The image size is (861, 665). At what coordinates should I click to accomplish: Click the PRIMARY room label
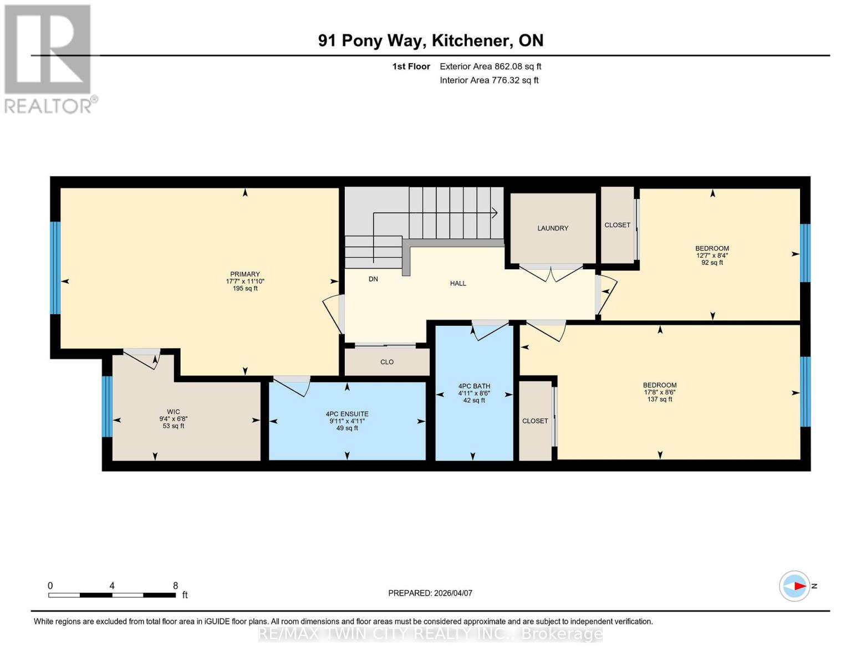point(245,274)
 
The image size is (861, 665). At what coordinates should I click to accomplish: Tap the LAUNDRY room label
point(553,228)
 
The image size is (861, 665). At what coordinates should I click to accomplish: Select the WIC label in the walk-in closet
point(174,412)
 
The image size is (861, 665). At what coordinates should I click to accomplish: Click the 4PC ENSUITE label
point(347,414)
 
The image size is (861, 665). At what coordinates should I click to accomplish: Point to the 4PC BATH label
point(474,386)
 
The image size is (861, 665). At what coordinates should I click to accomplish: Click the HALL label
point(458,283)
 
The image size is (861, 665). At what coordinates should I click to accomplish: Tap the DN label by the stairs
point(373,279)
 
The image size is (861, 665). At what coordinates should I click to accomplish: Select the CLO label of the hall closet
point(387,362)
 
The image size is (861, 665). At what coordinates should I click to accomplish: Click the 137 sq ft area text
point(660,399)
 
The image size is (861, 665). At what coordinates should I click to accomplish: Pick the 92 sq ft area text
point(712,263)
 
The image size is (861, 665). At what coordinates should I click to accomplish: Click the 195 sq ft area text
point(245,289)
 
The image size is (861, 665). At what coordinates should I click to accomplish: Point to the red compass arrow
point(798,586)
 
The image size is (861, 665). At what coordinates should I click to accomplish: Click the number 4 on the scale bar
point(112,586)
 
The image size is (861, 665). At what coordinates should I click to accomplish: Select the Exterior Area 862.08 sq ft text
point(490,66)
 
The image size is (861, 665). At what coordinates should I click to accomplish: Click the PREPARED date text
point(430,593)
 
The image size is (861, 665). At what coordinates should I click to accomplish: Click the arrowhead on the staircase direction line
point(494,213)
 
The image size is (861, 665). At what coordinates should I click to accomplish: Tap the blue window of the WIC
point(107,406)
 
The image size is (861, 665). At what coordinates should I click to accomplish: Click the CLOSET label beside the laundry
point(617,225)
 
